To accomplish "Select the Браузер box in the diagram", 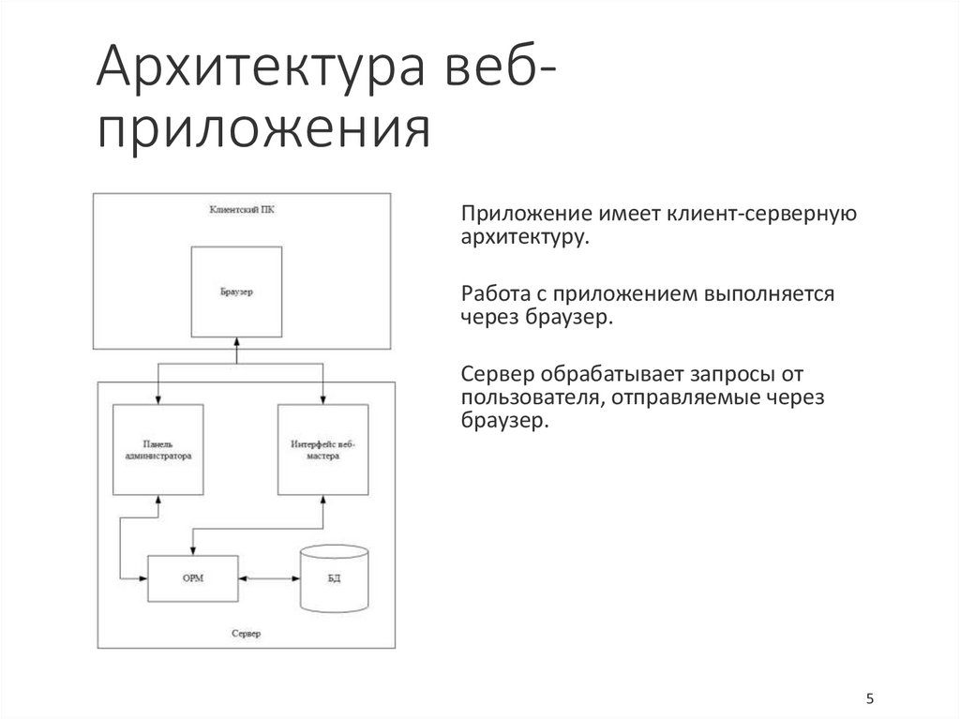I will click(x=237, y=292).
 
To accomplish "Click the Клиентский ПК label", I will click(x=242, y=211).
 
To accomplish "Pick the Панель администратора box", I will click(x=157, y=450).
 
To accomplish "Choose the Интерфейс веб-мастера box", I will click(x=322, y=450).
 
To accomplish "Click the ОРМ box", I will click(x=193, y=578).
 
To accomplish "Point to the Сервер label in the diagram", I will click(x=246, y=634).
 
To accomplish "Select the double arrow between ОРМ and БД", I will click(x=269, y=578).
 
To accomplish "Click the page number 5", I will click(x=870, y=699).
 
